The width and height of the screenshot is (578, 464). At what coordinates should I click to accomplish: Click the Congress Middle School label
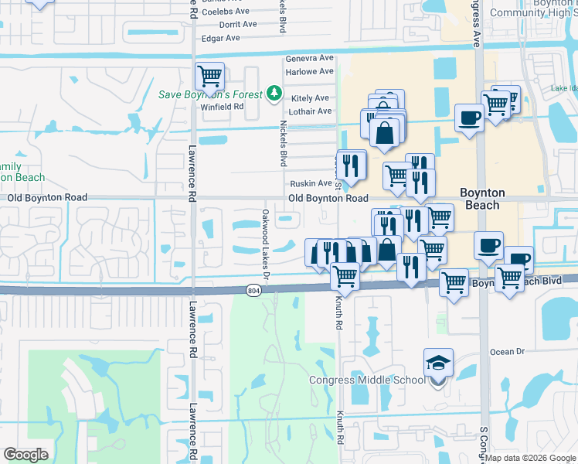(x=367, y=380)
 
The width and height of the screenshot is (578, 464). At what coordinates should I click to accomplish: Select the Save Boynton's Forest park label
(x=211, y=94)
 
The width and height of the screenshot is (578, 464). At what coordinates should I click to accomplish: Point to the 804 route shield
(x=254, y=290)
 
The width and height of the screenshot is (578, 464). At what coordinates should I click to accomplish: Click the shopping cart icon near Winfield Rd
(x=209, y=77)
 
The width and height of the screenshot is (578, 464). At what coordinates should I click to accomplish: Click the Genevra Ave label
(x=309, y=58)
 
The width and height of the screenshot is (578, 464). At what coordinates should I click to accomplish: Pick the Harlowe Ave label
(x=309, y=72)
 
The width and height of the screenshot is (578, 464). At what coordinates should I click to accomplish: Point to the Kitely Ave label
(x=310, y=98)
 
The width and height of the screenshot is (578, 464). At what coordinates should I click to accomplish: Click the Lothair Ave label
(x=311, y=111)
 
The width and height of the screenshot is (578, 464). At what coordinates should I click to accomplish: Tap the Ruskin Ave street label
(x=311, y=183)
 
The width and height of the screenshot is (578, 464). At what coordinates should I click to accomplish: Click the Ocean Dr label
(x=507, y=352)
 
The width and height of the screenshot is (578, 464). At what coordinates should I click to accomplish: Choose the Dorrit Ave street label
(x=239, y=25)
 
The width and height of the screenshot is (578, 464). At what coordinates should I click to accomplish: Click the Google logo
(x=25, y=455)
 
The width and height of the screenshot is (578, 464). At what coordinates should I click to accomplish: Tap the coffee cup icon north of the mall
(x=469, y=118)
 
